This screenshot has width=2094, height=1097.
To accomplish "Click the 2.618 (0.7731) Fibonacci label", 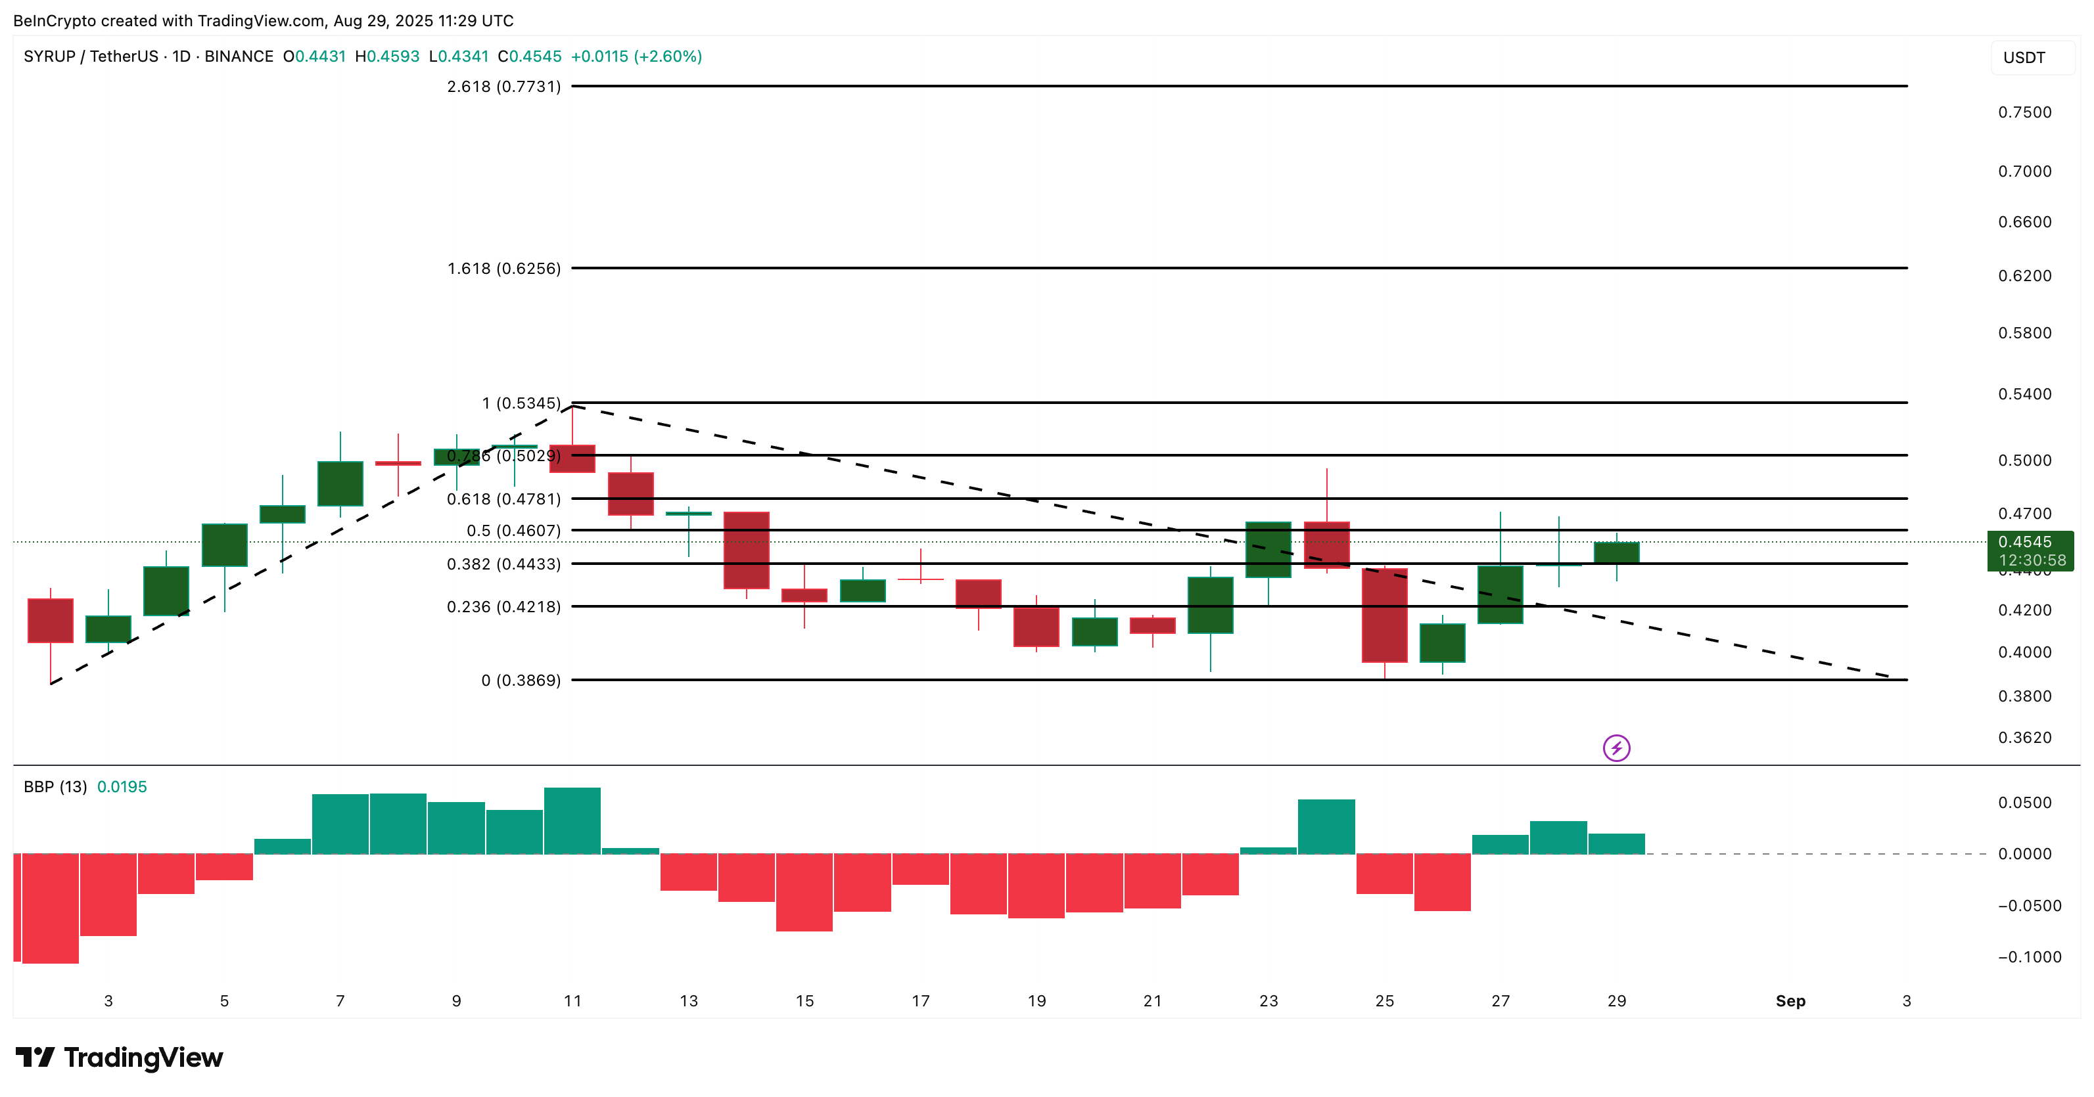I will pos(503,86).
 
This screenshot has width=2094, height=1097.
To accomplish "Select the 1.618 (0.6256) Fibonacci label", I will pos(503,268).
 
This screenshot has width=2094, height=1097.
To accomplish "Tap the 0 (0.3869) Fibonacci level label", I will pos(521,680).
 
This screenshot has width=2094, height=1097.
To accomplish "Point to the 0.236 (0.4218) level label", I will pos(503,606).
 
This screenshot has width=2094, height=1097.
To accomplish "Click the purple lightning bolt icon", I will pos(1616,748).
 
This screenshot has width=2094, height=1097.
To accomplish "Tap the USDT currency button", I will pos(2024,58).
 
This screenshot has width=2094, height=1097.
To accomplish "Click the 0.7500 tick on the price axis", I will pos(2024,112).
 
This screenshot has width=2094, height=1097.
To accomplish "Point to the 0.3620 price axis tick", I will pos(2024,738).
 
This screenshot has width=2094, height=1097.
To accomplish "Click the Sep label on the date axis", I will pos(1790,1001).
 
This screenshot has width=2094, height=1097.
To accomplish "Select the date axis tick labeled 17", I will pos(920,1001).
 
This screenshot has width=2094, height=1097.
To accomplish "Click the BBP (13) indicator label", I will pos(55,786).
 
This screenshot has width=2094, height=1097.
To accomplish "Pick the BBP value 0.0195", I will pos(122,786).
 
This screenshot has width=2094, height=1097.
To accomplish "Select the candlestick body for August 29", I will pos(1616,552).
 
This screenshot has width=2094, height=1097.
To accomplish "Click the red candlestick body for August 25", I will pos(1384,615).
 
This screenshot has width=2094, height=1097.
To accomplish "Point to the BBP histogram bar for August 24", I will pos(1326,826).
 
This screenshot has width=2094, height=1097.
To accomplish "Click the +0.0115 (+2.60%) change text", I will pos(636,56).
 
